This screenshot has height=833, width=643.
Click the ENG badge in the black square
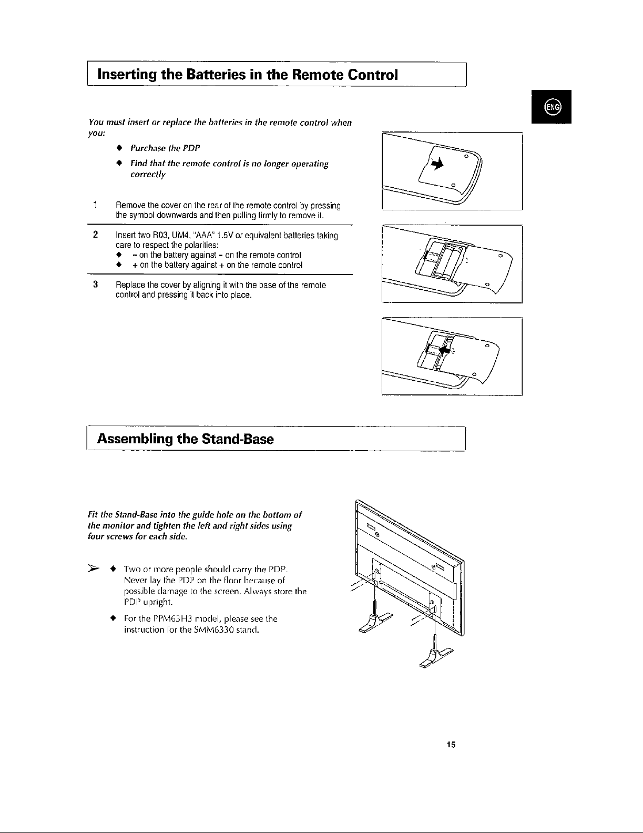(554, 107)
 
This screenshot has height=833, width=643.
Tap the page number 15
(450, 744)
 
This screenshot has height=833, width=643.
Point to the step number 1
(94, 205)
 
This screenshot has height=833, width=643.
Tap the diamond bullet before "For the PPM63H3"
(112, 618)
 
